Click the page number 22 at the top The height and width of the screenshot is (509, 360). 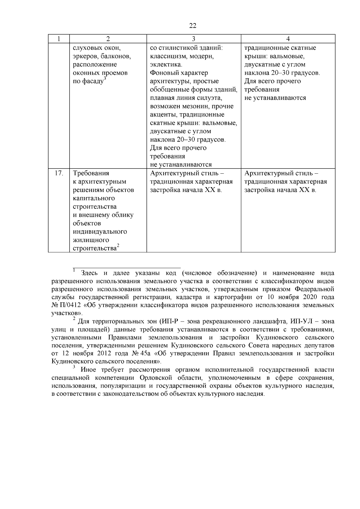click(x=193, y=26)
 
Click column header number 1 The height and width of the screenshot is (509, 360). click(x=59, y=39)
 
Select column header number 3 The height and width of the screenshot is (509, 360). click(x=193, y=39)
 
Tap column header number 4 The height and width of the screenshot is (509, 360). click(x=288, y=39)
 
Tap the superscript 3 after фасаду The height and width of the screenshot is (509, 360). click(x=105, y=79)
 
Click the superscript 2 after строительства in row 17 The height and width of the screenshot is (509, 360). click(x=118, y=246)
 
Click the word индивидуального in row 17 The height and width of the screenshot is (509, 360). click(x=100, y=232)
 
